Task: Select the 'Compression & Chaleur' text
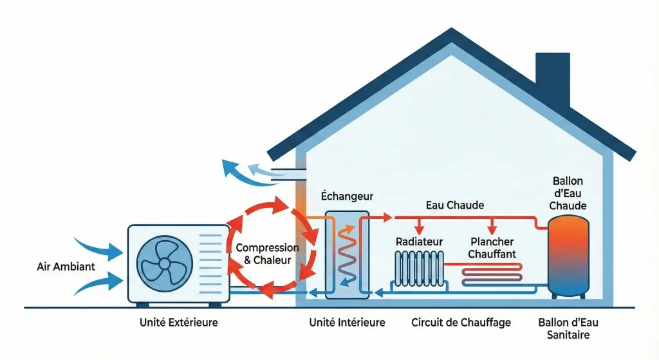click(x=267, y=254)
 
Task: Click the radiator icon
click(x=418, y=268)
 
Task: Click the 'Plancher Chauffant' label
click(x=492, y=248)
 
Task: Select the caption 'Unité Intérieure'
click(x=347, y=322)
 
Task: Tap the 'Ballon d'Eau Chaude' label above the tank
click(x=569, y=193)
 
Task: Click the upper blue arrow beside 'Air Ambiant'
click(x=97, y=247)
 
